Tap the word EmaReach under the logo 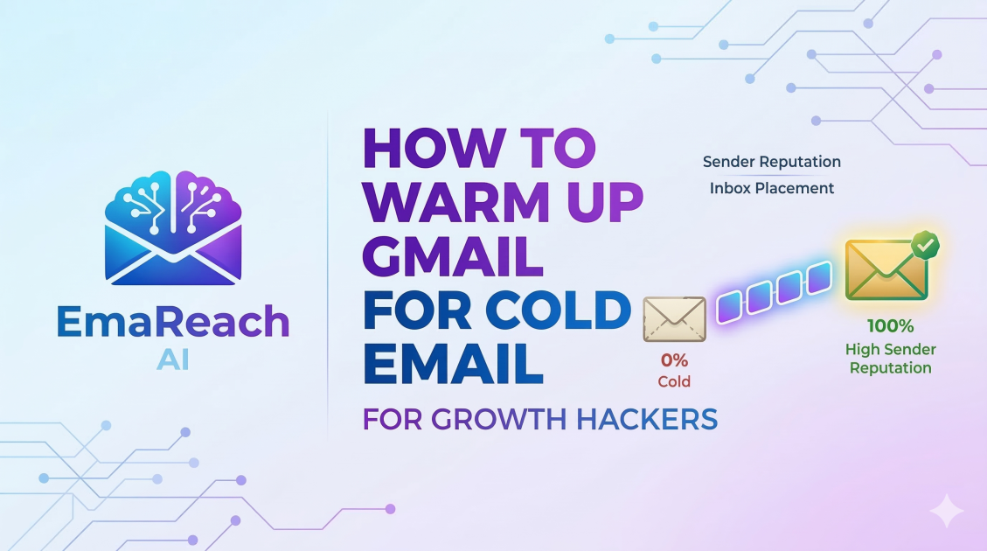click(172, 323)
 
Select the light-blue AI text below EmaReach click(172, 359)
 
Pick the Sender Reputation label click(772, 162)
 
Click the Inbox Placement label click(772, 188)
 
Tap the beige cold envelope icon click(674, 318)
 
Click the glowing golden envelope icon click(884, 269)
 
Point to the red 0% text click(674, 359)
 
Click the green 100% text click(890, 327)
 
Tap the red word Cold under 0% click(674, 381)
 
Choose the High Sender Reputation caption click(890, 359)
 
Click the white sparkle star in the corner click(947, 511)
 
